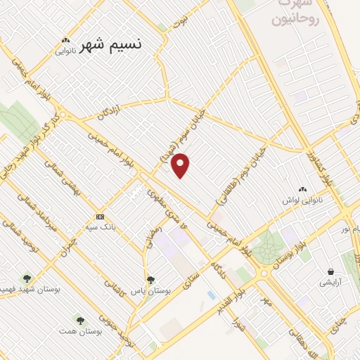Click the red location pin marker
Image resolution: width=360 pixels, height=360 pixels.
(181, 165)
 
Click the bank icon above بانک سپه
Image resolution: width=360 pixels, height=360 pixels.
(100, 217)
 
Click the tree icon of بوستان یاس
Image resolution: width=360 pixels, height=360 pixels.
(150, 281)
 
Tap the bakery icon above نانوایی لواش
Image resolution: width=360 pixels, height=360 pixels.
(303, 188)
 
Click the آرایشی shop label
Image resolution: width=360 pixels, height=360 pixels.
(329, 283)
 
